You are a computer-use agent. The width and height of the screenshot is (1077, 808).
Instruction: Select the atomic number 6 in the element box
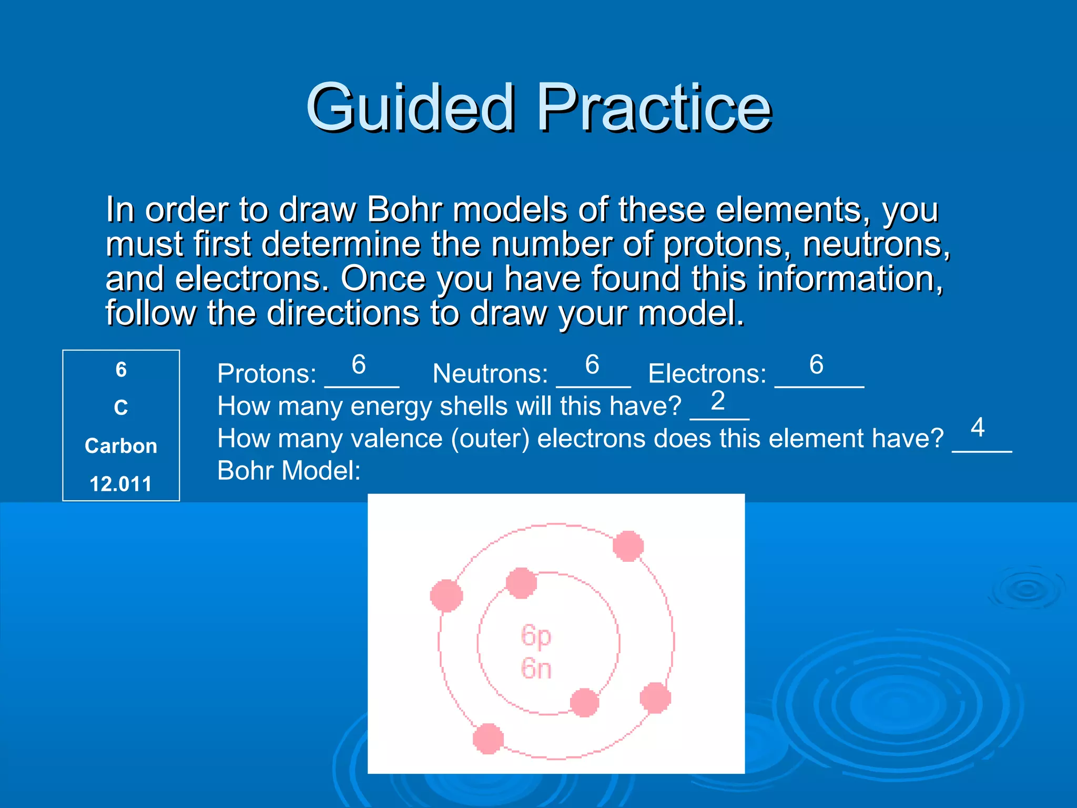[x=121, y=370]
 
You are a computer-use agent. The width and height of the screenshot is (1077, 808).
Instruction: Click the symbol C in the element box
[x=121, y=408]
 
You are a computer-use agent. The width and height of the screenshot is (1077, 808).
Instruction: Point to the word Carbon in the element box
[x=121, y=446]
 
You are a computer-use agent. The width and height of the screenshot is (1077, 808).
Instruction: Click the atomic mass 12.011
[x=121, y=484]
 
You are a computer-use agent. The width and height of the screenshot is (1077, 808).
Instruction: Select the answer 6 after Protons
[x=359, y=365]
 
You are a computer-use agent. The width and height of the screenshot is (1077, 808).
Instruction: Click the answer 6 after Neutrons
[x=592, y=365]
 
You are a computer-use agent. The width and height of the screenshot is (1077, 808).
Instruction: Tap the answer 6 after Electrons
[x=816, y=365]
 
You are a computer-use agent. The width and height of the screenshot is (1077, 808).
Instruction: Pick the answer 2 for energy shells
[x=718, y=401]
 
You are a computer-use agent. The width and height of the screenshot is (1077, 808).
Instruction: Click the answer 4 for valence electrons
[x=978, y=427]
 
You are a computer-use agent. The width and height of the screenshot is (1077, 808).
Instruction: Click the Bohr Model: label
[x=289, y=471]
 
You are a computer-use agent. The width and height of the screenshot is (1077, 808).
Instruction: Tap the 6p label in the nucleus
[x=536, y=635]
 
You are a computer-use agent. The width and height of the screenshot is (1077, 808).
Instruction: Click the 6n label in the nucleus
[x=536, y=669]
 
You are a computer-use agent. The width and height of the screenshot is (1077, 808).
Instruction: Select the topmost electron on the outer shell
[x=628, y=546]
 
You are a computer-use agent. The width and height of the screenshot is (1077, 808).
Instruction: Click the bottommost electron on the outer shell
[x=488, y=739]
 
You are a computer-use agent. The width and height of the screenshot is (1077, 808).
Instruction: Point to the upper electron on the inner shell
[x=521, y=583]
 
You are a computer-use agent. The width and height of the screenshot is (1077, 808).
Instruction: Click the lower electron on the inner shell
[x=584, y=702]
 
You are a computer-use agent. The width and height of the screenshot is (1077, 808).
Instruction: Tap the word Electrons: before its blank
[x=707, y=374]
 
